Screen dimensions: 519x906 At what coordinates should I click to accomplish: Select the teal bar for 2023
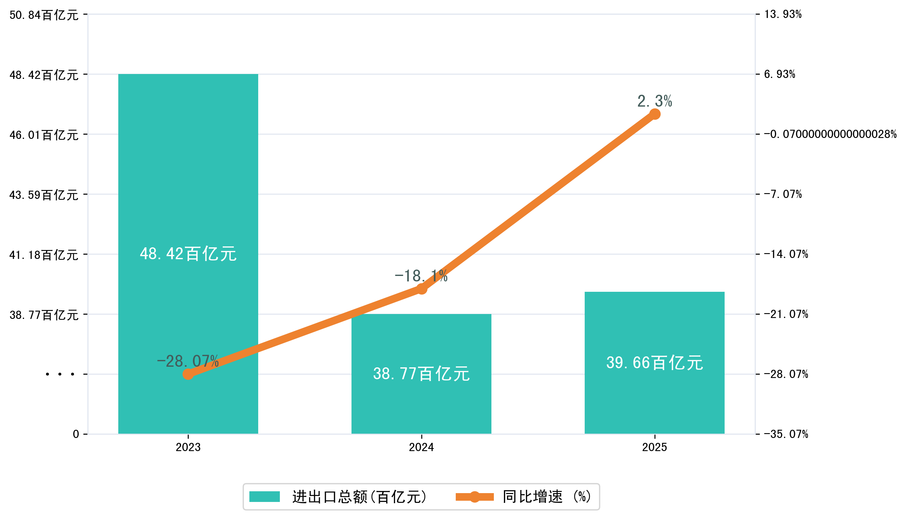point(188,178)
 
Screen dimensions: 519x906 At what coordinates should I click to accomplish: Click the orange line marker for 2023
point(188,374)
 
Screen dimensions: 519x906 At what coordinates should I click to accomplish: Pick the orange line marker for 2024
point(422,288)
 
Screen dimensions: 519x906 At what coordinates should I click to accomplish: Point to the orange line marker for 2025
point(655,114)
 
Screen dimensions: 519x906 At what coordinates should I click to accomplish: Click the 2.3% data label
point(655,101)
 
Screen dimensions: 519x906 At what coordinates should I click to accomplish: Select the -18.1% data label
point(421,276)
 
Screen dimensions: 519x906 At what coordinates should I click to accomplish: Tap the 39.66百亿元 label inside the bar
point(655,362)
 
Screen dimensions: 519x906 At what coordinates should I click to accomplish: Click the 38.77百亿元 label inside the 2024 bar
point(421,374)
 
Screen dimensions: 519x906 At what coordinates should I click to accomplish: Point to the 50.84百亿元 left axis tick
point(44,15)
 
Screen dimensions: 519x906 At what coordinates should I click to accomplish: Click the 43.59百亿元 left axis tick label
point(44,195)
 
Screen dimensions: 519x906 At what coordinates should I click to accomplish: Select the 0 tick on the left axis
point(76,434)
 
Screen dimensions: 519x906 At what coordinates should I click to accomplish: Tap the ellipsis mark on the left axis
point(60,374)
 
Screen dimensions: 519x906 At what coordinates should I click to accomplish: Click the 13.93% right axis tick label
point(783,14)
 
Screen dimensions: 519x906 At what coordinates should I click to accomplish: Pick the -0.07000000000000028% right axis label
point(830,134)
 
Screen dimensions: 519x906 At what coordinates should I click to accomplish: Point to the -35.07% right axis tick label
point(786,434)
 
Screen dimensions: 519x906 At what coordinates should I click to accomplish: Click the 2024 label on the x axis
point(421,447)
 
